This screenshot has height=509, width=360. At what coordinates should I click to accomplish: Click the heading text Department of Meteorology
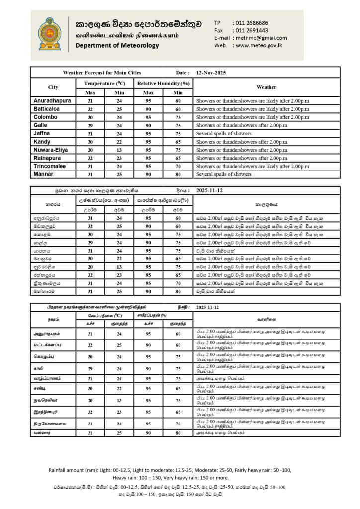(117, 46)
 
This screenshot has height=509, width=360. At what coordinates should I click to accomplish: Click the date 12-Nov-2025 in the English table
(211, 72)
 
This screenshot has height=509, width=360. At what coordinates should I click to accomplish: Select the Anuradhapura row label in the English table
(52, 101)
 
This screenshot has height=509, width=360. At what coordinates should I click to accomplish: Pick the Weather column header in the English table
(266, 87)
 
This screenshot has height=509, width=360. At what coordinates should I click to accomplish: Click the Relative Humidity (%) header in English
(164, 83)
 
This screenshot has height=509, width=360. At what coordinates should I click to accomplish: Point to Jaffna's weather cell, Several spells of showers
(224, 133)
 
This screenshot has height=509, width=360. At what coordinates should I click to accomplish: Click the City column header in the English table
(53, 87)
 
